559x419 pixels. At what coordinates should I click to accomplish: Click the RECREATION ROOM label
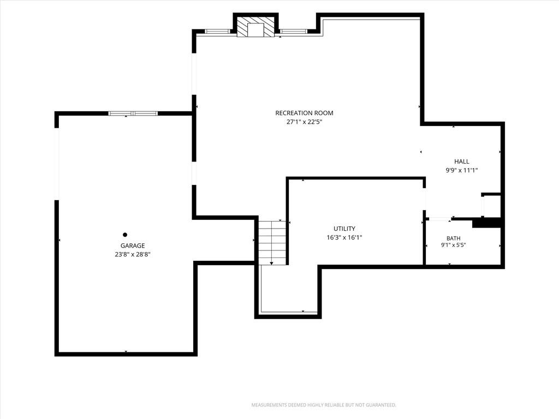point(304,113)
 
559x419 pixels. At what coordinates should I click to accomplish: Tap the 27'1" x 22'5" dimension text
point(304,122)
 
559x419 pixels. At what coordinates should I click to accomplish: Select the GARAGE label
point(133,246)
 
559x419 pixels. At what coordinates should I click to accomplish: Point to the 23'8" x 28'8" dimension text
point(133,254)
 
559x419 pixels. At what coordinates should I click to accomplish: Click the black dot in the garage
point(125,235)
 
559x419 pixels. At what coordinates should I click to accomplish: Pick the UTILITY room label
point(344,229)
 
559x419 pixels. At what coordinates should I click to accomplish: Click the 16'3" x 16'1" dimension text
point(344,238)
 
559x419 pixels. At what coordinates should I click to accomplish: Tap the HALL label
point(462,161)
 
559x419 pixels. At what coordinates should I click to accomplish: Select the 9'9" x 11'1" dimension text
point(462,170)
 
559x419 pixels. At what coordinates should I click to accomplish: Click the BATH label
point(454,238)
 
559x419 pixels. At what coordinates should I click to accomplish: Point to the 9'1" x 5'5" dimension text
point(454,245)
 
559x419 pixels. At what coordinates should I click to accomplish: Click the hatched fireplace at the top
point(255,27)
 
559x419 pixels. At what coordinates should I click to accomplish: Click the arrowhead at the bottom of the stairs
point(272,264)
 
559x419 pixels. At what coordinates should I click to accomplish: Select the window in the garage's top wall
point(133,113)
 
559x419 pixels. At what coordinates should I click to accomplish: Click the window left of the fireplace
point(217,31)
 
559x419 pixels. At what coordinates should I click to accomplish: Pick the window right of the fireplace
point(293,31)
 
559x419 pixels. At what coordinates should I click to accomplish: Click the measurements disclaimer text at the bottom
point(324,405)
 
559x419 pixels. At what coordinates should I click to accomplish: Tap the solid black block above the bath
point(487,223)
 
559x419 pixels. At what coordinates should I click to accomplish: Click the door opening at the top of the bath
point(438,219)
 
